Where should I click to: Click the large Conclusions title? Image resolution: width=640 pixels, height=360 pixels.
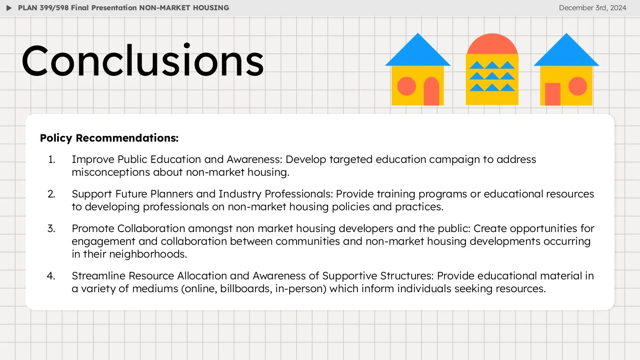[x=143, y=61]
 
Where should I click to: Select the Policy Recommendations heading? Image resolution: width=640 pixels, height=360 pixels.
[x=109, y=138]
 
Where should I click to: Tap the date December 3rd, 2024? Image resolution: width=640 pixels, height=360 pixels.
[x=592, y=8]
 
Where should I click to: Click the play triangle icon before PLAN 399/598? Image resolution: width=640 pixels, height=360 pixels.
[x=9, y=8]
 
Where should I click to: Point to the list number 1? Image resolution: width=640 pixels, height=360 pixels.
[x=52, y=160]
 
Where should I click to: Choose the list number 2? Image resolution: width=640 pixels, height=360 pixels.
[x=51, y=194]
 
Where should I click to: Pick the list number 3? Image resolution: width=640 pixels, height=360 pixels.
[x=51, y=229]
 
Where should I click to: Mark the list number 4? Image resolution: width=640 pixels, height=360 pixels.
[x=51, y=276]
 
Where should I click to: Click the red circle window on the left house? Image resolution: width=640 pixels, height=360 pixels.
[x=407, y=87]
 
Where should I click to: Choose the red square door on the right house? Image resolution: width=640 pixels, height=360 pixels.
[x=553, y=94]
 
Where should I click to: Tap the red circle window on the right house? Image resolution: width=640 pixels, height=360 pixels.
[x=578, y=87]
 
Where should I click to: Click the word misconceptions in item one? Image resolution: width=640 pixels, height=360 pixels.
[x=111, y=172]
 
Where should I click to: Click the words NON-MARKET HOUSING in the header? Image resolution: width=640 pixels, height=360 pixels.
[x=184, y=8]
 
